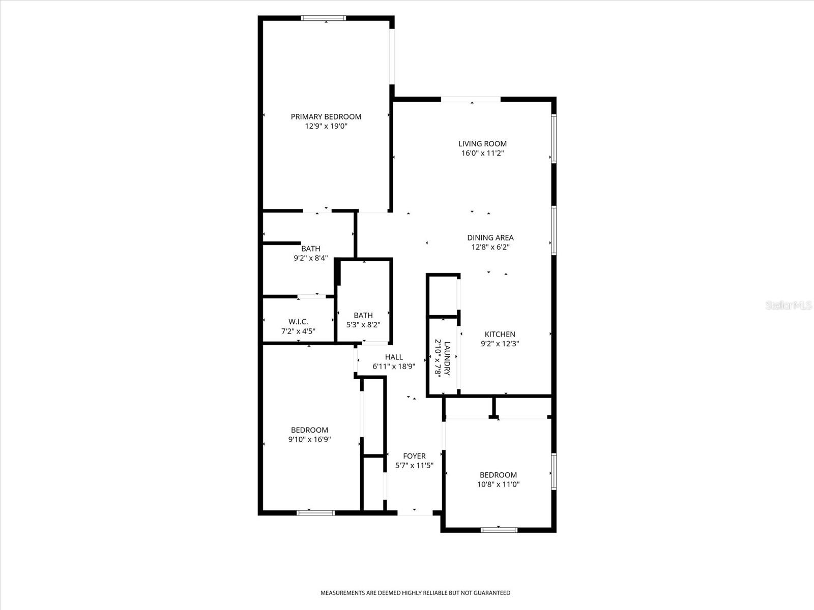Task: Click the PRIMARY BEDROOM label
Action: [x=326, y=116]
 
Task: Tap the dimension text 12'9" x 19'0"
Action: [x=326, y=126]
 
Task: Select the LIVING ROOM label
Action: [x=482, y=143]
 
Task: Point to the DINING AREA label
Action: [x=490, y=237]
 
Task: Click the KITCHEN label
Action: [x=500, y=334]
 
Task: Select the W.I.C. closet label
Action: [x=298, y=321]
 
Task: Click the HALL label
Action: [x=394, y=357]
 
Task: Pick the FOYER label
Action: [x=414, y=456]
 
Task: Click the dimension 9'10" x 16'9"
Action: [x=309, y=439]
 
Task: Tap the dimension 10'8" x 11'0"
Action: [x=498, y=484]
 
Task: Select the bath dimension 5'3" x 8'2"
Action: [x=363, y=324]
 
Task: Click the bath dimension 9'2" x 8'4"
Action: [x=310, y=258]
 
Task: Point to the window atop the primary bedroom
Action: [x=324, y=18]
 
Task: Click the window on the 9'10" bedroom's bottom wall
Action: [x=316, y=512]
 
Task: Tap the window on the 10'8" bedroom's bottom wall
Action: [x=499, y=530]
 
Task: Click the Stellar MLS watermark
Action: [x=788, y=306]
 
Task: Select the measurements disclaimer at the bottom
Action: [x=415, y=593]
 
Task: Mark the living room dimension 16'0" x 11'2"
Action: [x=482, y=153]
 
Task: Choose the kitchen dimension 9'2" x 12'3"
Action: [x=500, y=344]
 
